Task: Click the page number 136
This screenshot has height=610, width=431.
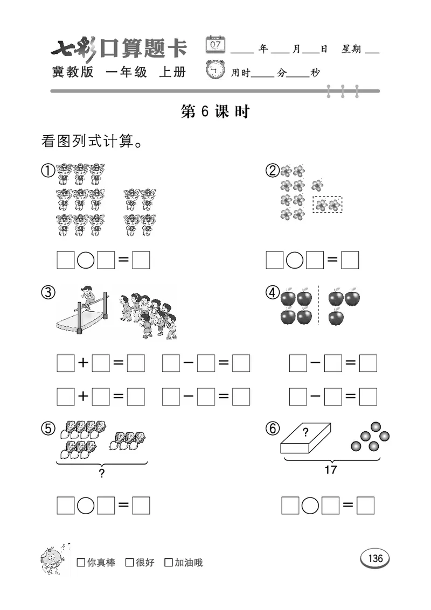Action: (x=375, y=558)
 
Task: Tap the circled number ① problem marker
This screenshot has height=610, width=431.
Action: (x=48, y=171)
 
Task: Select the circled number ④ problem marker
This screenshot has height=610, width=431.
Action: (x=273, y=292)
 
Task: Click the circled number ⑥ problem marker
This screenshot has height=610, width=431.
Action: (x=273, y=429)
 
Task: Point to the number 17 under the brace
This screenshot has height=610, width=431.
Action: (x=331, y=469)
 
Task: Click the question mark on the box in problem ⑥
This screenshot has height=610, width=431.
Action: (x=305, y=431)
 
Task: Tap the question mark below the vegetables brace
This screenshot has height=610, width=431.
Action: (x=101, y=473)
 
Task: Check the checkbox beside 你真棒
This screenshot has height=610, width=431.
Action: (x=81, y=563)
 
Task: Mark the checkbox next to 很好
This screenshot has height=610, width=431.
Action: (x=129, y=563)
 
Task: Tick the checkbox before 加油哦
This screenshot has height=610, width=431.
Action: (x=169, y=563)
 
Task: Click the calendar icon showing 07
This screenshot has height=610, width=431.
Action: (x=216, y=44)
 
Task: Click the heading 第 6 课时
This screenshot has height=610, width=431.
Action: (x=215, y=111)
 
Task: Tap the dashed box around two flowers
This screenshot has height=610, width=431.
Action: (x=328, y=205)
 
